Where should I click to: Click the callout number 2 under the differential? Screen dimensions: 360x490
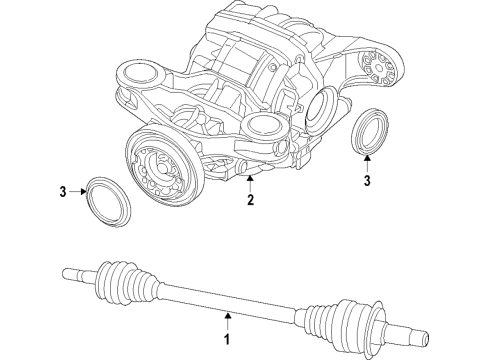(x=250, y=200)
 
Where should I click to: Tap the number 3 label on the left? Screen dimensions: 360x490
(x=62, y=191)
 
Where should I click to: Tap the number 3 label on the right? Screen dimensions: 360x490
(x=367, y=181)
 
